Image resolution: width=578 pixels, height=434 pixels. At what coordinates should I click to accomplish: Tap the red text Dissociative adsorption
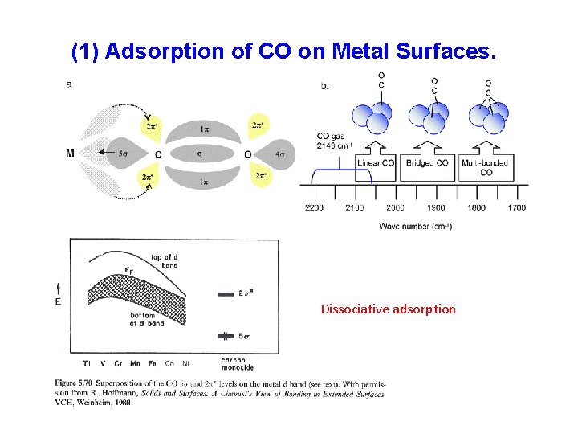[388, 309]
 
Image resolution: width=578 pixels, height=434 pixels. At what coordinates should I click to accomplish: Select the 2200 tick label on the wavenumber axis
[314, 207]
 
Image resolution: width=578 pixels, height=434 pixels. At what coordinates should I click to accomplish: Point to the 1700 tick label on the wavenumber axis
[516, 207]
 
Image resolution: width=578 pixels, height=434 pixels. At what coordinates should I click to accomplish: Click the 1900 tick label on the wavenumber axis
[435, 207]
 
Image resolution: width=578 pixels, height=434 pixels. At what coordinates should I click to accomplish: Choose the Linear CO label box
[376, 163]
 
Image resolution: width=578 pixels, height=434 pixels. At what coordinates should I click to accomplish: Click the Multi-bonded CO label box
[486, 167]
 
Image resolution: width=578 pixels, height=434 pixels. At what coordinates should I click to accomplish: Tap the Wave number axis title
[415, 227]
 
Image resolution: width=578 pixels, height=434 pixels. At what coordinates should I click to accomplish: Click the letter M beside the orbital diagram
[71, 153]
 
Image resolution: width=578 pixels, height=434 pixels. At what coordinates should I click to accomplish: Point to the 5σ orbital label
[124, 153]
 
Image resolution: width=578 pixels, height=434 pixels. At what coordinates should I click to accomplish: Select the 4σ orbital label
[279, 154]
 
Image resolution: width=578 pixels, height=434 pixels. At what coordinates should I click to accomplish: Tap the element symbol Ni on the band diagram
[185, 363]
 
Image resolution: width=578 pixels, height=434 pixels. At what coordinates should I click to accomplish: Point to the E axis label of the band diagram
[57, 301]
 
